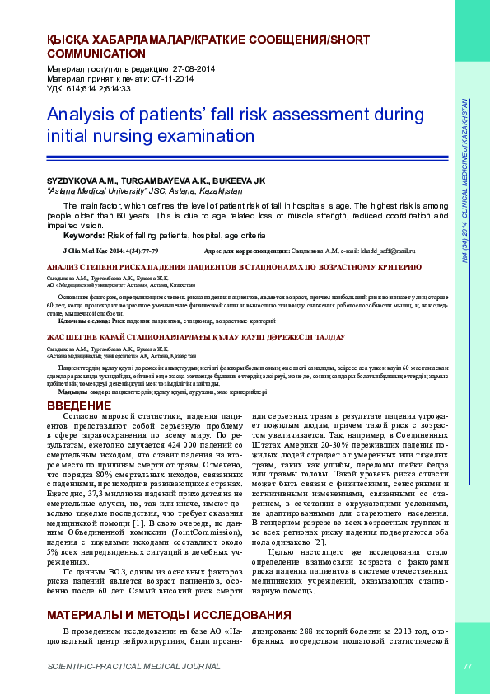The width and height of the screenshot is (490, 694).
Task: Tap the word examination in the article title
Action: point(208,135)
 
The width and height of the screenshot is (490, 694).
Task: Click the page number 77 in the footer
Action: point(468,666)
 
